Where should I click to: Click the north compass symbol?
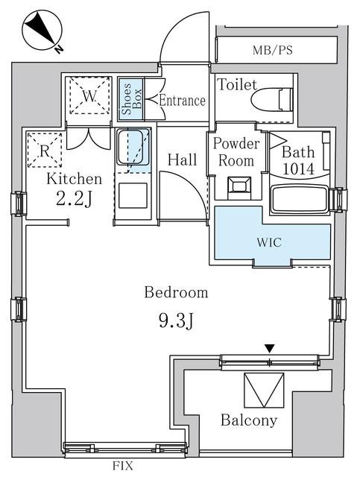42,31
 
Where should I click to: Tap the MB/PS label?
272,50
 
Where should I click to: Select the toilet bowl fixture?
272,99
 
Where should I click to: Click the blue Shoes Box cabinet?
131,99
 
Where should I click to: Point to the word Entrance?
183,101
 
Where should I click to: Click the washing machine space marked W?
89,95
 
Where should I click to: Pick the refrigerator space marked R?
45,150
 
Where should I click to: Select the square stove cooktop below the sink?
133,195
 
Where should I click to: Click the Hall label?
183,160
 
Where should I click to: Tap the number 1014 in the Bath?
299,169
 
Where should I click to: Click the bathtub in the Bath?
300,200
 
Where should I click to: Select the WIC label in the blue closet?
269,242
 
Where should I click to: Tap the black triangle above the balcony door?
270,348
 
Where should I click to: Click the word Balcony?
249,420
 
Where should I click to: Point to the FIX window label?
123,466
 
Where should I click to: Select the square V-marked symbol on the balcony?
264,390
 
